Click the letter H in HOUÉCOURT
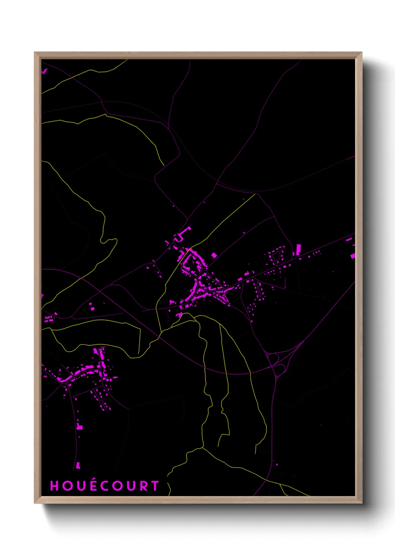(x=55, y=486)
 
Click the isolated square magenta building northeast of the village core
(x=214, y=255)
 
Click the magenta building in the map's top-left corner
(x=44, y=70)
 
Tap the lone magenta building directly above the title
(x=78, y=465)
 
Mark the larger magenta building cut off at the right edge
(x=353, y=255)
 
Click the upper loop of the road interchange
(x=273, y=358)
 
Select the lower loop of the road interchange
(x=279, y=370)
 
